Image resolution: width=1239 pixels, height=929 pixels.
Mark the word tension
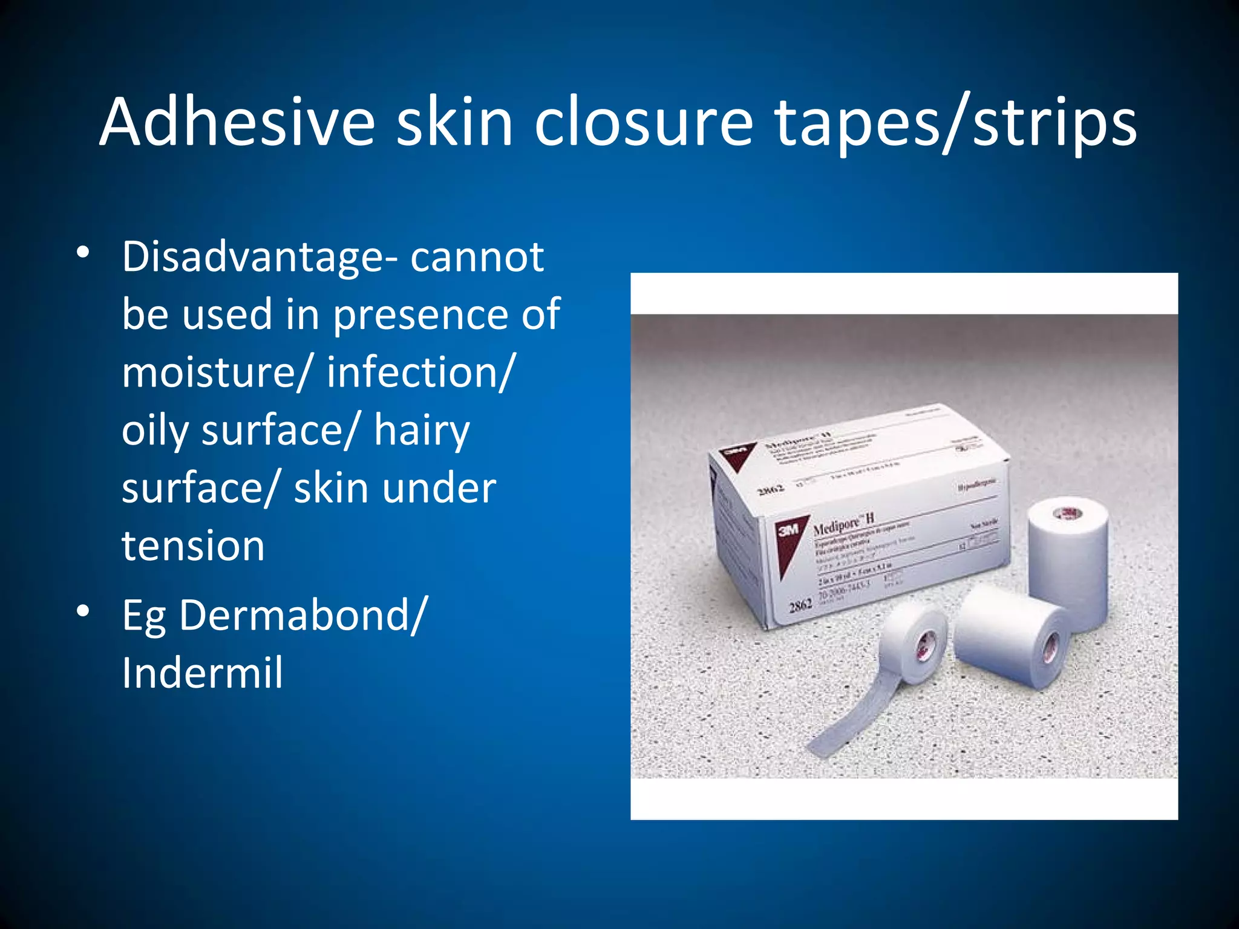(x=193, y=546)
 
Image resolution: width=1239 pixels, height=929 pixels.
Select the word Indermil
(x=202, y=673)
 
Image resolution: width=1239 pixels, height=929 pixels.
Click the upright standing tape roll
(x=1068, y=559)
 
